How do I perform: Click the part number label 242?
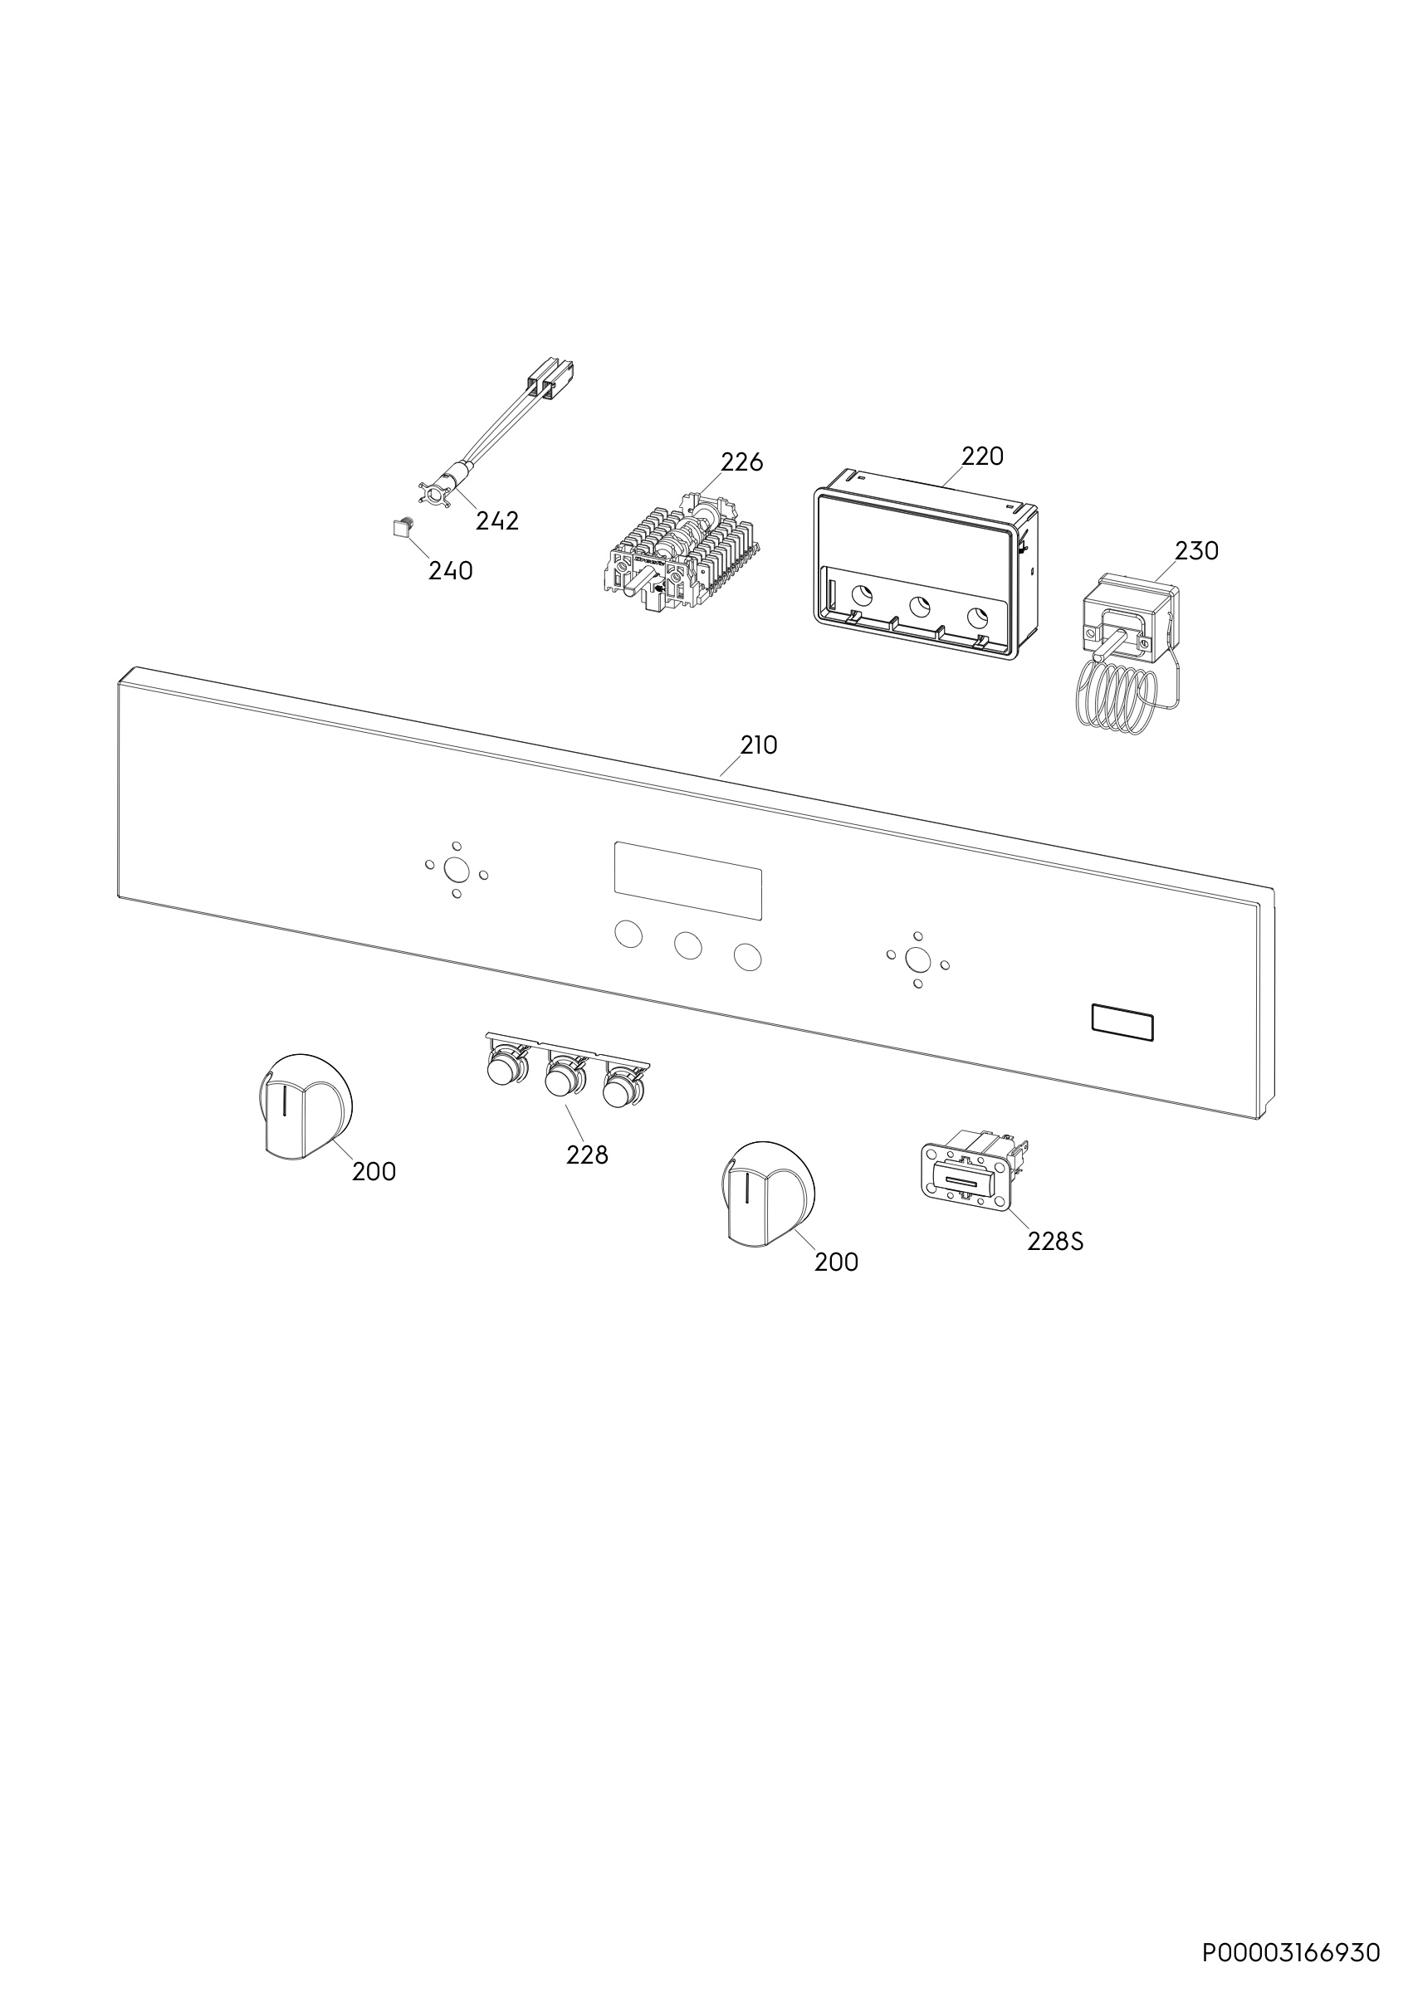(497, 520)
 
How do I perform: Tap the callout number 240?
(450, 571)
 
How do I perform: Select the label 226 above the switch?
(741, 462)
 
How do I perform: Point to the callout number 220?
(982, 456)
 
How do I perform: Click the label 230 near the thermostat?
(1196, 550)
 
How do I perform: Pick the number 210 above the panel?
(758, 745)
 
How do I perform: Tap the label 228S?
(1056, 1242)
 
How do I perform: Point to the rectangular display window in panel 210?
(688, 881)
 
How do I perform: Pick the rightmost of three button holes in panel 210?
(747, 957)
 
